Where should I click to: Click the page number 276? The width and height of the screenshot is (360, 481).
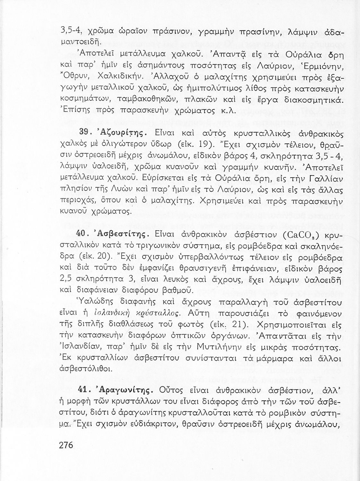(x=66, y=445)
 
